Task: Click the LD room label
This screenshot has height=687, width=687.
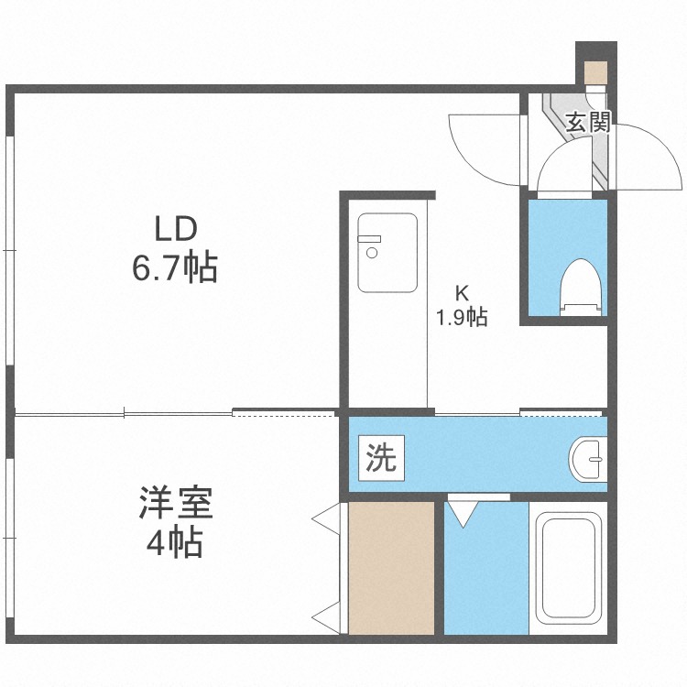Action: (177, 229)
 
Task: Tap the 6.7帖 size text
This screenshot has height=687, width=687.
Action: (175, 267)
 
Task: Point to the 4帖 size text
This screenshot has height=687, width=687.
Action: (175, 542)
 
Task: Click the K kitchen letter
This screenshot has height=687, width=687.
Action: (462, 293)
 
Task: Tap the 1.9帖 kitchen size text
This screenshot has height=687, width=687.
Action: (462, 316)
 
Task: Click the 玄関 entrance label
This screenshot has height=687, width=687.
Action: (588, 123)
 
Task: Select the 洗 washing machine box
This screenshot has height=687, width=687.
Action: (382, 458)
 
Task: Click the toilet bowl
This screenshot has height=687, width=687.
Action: (581, 287)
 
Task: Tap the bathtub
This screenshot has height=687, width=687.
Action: (569, 569)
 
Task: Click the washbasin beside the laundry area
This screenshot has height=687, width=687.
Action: (588, 459)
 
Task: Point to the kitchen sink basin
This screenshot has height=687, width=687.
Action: (387, 253)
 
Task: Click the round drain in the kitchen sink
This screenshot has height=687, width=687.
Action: (372, 253)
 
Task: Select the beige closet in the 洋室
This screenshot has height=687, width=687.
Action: (391, 568)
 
